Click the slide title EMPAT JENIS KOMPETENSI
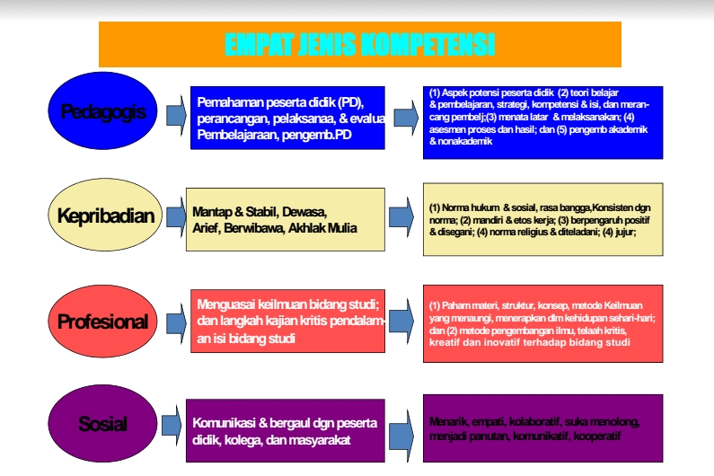point(359,44)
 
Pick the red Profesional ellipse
point(101,321)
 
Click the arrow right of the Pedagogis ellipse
point(172,113)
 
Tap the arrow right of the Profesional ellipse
point(172,322)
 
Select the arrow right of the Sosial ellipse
point(172,424)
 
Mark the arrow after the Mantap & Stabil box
point(401,216)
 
